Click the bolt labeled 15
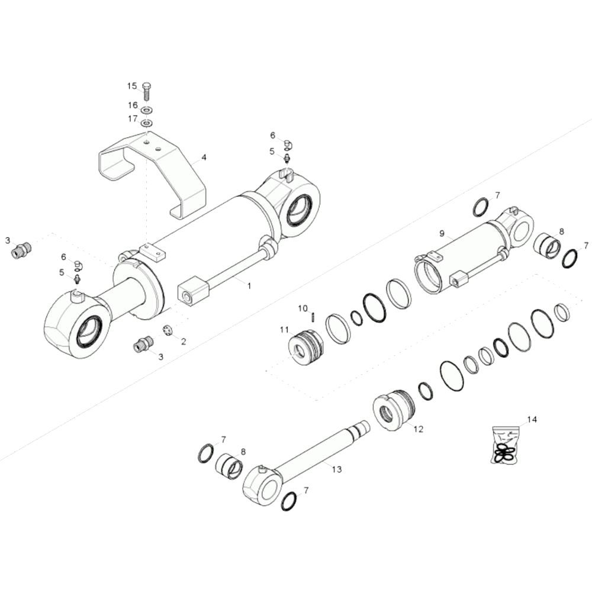click(147, 91)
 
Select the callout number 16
click(133, 105)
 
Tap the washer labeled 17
click(146, 123)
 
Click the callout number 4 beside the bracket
click(204, 157)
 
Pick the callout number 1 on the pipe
click(249, 286)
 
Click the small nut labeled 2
click(168, 330)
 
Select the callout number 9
click(442, 234)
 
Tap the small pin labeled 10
click(313, 317)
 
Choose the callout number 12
click(419, 429)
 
